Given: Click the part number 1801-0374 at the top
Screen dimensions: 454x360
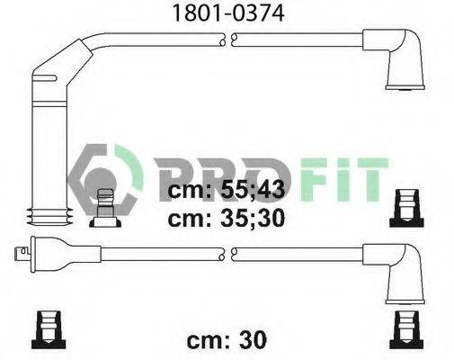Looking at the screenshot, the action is [x=228, y=13].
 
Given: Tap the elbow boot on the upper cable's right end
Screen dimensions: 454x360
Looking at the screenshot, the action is [x=398, y=57].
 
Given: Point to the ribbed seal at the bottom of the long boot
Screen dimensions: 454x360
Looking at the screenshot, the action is [x=49, y=216].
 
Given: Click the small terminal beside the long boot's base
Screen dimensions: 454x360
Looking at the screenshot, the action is [x=105, y=208].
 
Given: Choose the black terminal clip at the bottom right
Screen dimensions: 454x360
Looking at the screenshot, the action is [x=406, y=329].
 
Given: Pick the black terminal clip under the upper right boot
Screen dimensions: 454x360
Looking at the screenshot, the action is [x=406, y=208].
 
